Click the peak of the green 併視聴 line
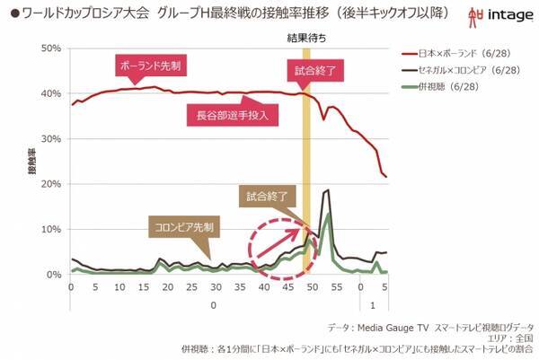coord(329,214)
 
